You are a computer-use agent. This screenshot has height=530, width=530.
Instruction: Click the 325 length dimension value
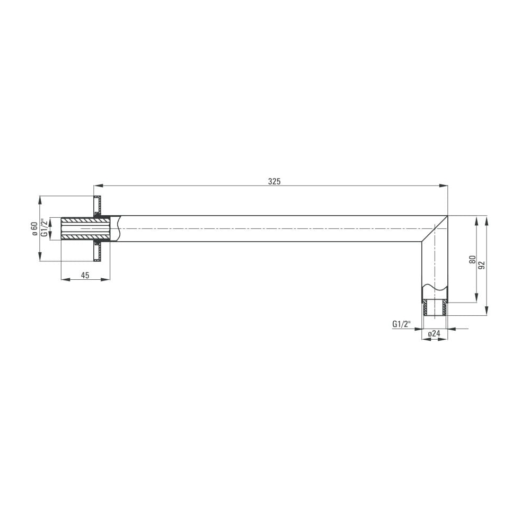pos(274,181)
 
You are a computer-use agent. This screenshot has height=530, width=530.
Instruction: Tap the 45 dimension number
pos(85,276)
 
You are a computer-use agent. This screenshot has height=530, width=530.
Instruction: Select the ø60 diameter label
pos(34,228)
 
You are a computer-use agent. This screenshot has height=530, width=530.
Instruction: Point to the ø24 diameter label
pos(435,333)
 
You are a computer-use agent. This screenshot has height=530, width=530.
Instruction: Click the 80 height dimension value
pos(473,260)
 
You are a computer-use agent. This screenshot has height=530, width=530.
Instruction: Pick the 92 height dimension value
pos(482,265)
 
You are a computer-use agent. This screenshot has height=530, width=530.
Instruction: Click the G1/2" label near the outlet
pos(402,324)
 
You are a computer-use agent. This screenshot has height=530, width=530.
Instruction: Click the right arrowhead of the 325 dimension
pos(444,185)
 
